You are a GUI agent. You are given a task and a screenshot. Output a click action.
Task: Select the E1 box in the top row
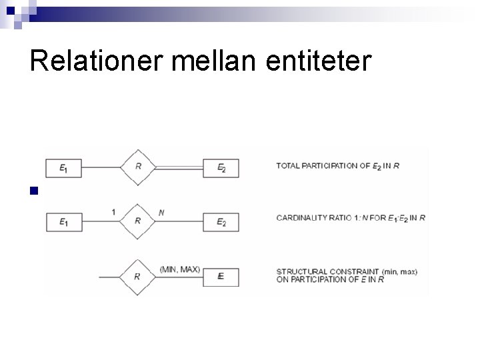pos(63,168)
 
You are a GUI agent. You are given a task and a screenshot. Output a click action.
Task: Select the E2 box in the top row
pos(221,168)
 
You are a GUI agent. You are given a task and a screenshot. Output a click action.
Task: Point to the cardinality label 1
pos(114,212)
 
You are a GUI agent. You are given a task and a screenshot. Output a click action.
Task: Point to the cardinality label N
pos(161,213)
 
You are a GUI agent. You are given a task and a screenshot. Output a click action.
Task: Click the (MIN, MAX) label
pos(180,269)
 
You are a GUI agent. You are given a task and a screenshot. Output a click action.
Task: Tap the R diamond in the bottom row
pos(137,276)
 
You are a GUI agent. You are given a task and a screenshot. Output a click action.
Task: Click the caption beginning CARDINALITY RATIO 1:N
pos(351,218)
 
